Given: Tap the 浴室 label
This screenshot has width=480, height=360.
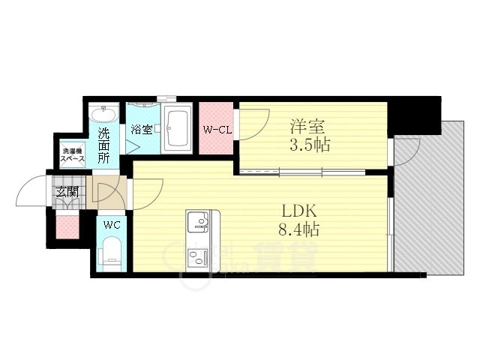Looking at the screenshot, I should point(142,129).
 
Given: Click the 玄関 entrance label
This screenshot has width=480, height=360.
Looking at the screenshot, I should point(64,192).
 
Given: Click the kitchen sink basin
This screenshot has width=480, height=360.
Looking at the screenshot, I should point(199,221).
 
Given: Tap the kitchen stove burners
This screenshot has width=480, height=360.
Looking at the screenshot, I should point(199,259).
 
